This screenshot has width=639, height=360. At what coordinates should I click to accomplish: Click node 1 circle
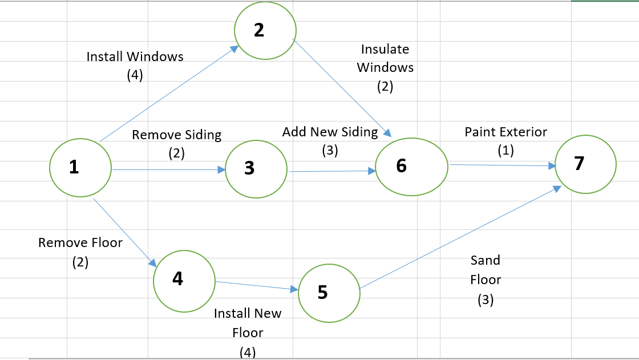tap(80, 168)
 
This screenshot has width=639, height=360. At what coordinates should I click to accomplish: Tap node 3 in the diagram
tap(256, 169)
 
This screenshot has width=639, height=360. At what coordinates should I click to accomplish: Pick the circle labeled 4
tap(184, 280)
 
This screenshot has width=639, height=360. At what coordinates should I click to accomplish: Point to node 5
tap(329, 293)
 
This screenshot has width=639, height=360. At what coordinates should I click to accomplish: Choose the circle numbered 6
tap(411, 166)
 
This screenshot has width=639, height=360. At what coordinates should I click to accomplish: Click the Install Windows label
tap(135, 56)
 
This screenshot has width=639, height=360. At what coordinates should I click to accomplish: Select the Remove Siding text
tap(176, 135)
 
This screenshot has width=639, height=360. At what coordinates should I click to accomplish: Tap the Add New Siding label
tap(330, 132)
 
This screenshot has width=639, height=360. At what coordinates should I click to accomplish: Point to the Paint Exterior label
tap(505, 132)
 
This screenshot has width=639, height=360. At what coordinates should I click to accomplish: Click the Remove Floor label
tap(80, 242)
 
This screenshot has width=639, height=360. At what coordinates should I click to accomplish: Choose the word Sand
tap(486, 261)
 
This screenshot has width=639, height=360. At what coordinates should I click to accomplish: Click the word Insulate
tap(385, 49)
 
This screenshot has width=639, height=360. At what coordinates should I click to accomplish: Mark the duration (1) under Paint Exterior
tap(505, 151)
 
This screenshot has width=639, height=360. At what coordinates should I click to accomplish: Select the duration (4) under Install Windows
tap(135, 75)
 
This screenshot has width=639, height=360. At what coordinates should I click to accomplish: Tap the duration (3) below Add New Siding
tap(330, 151)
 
